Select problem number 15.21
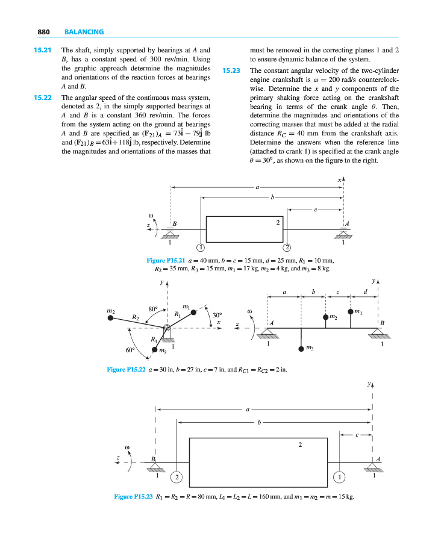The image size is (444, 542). tap(42, 50)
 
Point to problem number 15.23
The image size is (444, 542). tap(231, 70)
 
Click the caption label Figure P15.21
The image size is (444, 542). tap(166, 260)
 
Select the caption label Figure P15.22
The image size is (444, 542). tap(127, 369)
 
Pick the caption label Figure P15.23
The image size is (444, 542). tap(134, 497)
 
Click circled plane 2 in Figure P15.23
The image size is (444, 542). tap(177, 478)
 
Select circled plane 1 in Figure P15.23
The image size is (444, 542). tap(339, 478)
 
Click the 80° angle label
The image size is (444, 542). tap(152, 309)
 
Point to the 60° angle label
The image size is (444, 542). tap(129, 350)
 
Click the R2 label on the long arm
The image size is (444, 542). tap(136, 317)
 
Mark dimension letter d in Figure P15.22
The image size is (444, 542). tap(366, 292)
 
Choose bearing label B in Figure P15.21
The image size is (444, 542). tap(175, 224)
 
